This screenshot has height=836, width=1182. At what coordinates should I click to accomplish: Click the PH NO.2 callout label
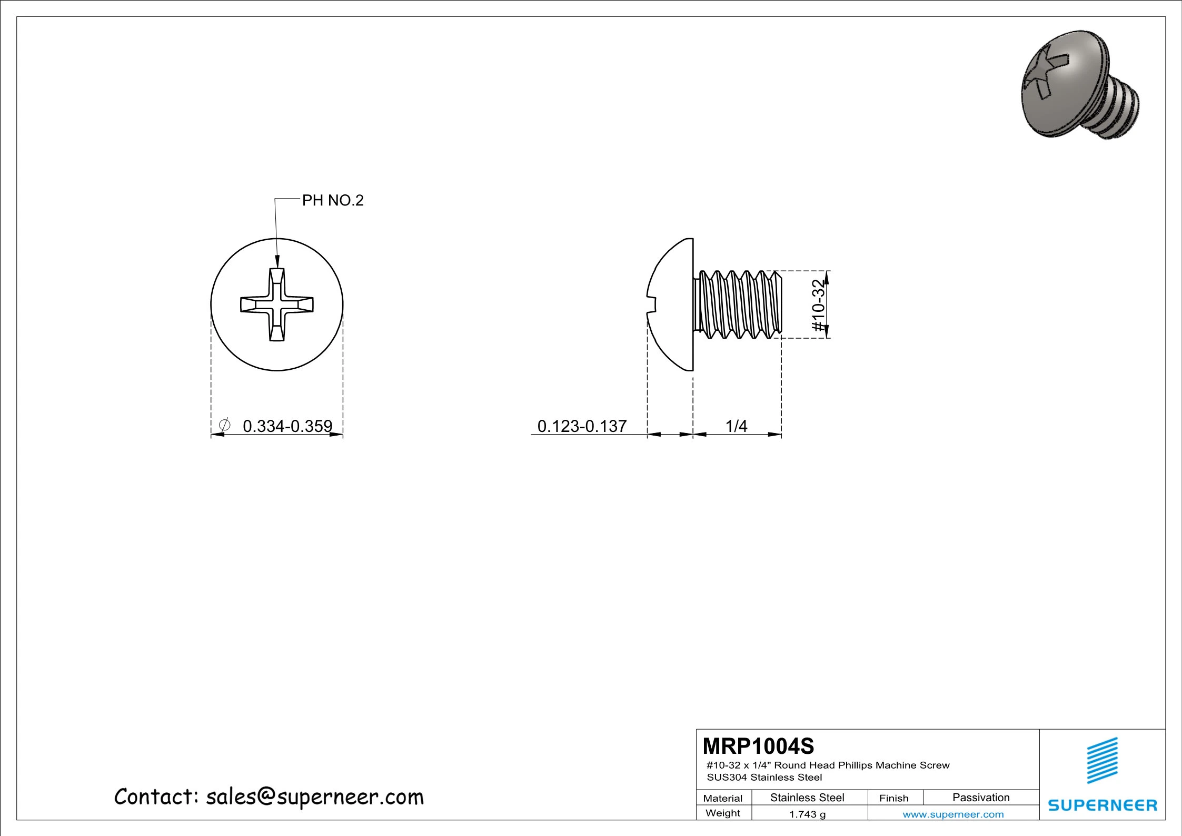[332, 201]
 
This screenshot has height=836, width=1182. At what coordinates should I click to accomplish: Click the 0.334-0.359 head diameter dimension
[287, 426]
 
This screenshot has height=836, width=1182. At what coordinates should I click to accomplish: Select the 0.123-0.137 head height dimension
[582, 426]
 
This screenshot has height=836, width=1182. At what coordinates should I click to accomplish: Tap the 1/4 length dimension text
[736, 426]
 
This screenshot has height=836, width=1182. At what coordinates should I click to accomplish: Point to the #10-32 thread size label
[817, 305]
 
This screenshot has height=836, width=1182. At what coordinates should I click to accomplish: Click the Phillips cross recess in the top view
[277, 304]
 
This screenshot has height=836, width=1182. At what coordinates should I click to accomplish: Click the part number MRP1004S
[758, 746]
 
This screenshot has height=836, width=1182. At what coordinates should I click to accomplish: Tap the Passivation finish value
[980, 798]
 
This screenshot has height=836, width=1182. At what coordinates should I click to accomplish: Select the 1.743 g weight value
[807, 814]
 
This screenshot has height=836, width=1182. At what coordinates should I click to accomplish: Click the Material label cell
[722, 798]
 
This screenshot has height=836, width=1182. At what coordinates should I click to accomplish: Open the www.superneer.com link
[953, 814]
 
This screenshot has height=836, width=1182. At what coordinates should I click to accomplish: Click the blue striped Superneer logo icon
[1102, 761]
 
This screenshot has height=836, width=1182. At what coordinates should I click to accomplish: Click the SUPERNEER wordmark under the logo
[1102, 805]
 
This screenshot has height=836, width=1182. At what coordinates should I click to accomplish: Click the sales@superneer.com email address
[314, 797]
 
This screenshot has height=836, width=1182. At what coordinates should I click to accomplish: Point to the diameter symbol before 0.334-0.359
[224, 425]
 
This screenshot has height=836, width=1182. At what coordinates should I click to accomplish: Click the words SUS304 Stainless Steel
[764, 777]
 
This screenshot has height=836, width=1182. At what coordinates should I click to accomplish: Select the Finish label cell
[893, 798]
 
